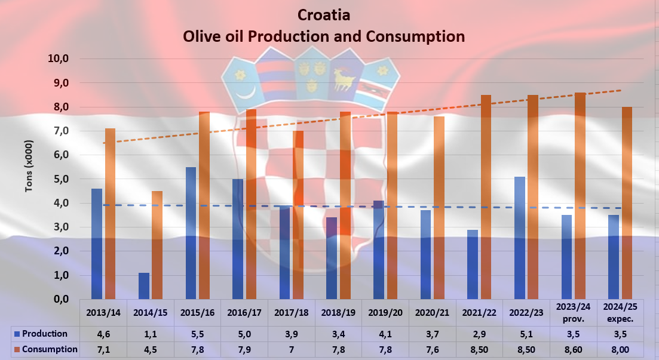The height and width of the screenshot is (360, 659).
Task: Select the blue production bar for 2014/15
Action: tap(144, 286)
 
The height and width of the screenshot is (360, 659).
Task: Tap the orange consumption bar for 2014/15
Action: tap(157, 245)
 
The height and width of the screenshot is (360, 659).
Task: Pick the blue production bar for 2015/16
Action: tap(191, 233)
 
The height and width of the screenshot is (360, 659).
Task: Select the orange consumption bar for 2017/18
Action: tap(298, 215)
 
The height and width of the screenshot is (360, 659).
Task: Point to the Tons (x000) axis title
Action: tap(29, 167)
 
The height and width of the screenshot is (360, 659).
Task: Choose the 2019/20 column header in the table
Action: tap(385, 312)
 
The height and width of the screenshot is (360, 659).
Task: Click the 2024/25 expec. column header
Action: tap(620, 312)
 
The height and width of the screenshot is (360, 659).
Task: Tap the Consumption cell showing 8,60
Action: tap(572, 349)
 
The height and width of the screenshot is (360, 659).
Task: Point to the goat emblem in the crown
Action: tap(346, 78)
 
